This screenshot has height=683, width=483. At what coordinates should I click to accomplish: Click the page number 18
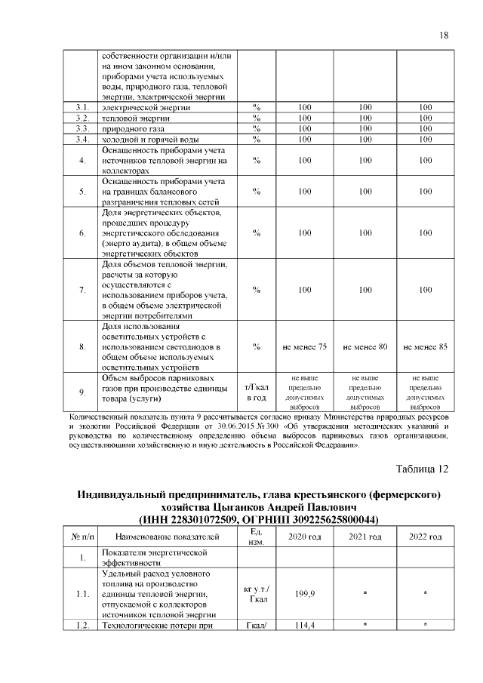(444, 35)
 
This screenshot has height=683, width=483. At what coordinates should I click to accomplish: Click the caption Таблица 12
(423, 469)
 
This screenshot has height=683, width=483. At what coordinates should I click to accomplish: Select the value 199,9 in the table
(305, 595)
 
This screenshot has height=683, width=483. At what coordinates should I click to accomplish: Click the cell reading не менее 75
(305, 346)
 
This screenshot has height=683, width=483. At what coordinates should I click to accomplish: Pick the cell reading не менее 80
(365, 346)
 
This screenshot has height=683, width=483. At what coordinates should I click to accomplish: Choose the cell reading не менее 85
(426, 346)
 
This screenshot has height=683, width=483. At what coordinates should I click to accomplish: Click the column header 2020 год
(305, 537)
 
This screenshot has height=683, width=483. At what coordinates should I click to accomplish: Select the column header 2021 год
(365, 537)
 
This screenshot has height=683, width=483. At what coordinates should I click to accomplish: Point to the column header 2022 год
(426, 537)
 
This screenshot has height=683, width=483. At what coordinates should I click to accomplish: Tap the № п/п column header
(82, 537)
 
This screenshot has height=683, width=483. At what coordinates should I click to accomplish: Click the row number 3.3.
(82, 128)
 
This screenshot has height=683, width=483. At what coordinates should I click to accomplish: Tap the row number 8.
(82, 346)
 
